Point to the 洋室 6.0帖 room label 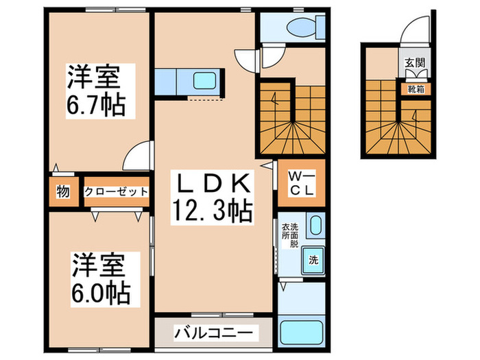tap(100, 279)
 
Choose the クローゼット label tap(116, 192)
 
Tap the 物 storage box tap(62, 192)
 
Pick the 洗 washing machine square tap(313, 260)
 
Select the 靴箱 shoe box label tap(416, 88)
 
